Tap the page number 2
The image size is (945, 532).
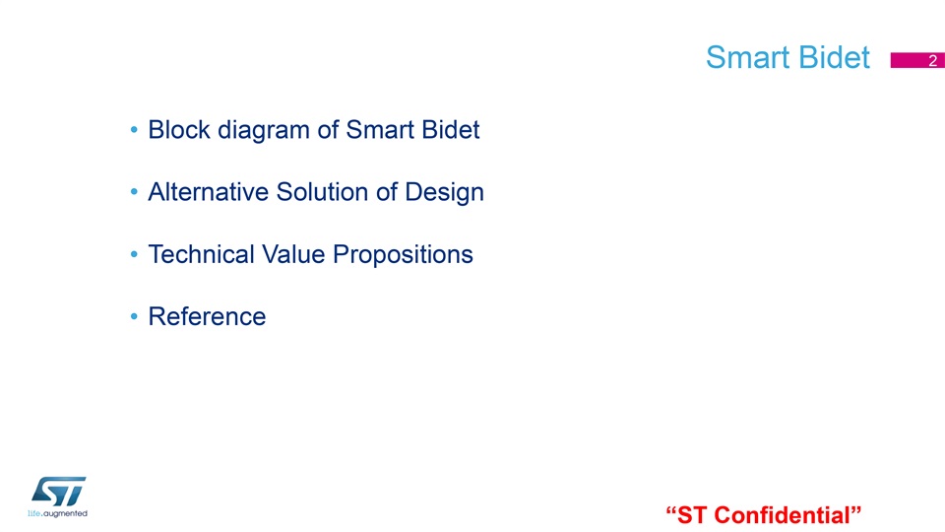pyautogui.click(x=932, y=60)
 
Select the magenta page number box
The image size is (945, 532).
pyautogui.click(x=917, y=60)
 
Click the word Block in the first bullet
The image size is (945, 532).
pyautogui.click(x=179, y=130)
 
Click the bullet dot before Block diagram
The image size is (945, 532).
pyautogui.click(x=134, y=130)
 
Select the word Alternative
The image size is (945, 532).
pyautogui.click(x=208, y=192)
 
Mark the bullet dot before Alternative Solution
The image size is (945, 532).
pyautogui.click(x=134, y=192)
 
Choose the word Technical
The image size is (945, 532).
pyautogui.click(x=201, y=254)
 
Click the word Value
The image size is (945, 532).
pyautogui.click(x=293, y=254)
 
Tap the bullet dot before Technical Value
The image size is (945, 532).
pyautogui.click(x=134, y=254)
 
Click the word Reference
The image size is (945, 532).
pyautogui.click(x=207, y=316)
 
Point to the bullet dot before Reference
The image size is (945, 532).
pyautogui.click(x=134, y=316)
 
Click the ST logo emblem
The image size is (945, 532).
pyautogui.click(x=58, y=492)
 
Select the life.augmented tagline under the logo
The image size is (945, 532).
pyautogui.click(x=57, y=514)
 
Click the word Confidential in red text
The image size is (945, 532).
pyautogui.click(x=783, y=515)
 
